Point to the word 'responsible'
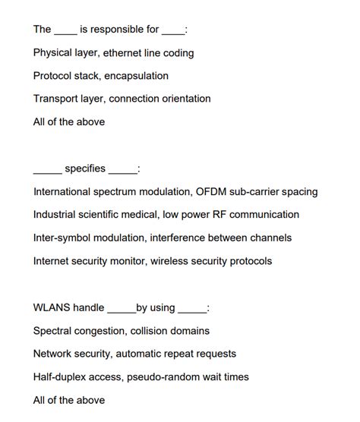pyautogui.click(x=109, y=30)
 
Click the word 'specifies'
pyautogui.click(x=85, y=168)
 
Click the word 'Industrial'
pyautogui.click(x=57, y=215)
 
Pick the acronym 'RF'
pyautogui.click(x=224, y=215)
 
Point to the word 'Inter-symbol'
pyautogui.click(x=65, y=238)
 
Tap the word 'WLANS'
pyautogui.click(x=52, y=308)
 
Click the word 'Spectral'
pyautogui.click(x=55, y=331)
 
